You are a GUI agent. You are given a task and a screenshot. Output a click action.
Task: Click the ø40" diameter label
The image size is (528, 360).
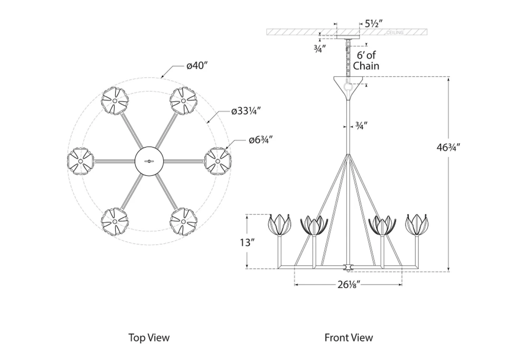[197, 66]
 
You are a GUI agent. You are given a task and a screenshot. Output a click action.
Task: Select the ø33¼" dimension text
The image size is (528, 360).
[246, 111]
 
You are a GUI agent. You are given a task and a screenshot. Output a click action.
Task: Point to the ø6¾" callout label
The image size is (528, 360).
[260, 140]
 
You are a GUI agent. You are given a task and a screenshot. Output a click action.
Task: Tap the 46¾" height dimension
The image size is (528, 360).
[448, 147]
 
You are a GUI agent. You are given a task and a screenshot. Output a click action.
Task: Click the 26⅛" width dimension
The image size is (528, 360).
[348, 285]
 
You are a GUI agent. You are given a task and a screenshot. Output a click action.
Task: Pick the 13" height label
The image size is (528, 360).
[247, 243]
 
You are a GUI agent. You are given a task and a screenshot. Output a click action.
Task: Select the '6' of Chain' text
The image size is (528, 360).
[366, 60]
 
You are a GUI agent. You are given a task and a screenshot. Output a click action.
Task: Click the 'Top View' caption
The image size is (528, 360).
[149, 337]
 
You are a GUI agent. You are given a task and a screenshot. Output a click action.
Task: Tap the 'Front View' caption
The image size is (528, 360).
[348, 337]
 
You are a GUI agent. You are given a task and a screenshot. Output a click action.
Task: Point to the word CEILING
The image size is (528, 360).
[395, 33]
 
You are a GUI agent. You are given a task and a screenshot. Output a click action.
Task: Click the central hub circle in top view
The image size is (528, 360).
[149, 161]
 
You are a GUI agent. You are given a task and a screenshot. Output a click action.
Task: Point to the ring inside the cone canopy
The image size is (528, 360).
[348, 87]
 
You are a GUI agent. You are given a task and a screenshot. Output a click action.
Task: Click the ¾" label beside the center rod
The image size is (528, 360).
[361, 125]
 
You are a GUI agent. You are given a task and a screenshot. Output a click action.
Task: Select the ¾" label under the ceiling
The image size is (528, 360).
[320, 48]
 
